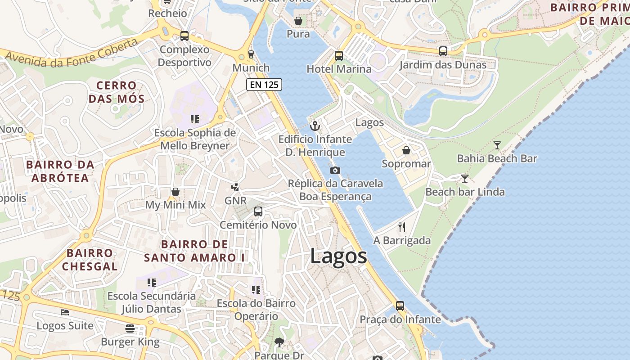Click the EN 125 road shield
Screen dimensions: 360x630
coord(264,84)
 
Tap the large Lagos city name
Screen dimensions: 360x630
coord(338,256)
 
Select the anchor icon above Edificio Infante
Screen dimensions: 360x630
coord(315,126)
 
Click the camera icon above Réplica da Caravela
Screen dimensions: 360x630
coord(335,170)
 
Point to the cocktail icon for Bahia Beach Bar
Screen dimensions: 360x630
coord(497,145)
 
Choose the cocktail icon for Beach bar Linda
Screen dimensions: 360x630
coord(464,179)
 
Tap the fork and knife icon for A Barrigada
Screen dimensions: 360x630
coord(402,227)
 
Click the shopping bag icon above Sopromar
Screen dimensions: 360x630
coord(406,150)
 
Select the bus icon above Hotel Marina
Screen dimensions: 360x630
coord(339,56)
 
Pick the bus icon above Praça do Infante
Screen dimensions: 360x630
coord(400,306)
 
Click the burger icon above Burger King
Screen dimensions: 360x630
coord(130,328)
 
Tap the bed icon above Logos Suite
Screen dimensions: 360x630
coord(65,312)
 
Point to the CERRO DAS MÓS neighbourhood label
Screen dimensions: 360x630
coord(117,92)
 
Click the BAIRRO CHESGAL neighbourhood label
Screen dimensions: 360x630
coord(90,260)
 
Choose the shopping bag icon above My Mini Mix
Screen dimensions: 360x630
coord(175,192)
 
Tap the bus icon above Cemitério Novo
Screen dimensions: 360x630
coord(258,211)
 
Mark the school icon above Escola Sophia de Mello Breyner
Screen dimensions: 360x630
coord(195,119)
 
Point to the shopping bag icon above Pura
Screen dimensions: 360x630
coord(298,21)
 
